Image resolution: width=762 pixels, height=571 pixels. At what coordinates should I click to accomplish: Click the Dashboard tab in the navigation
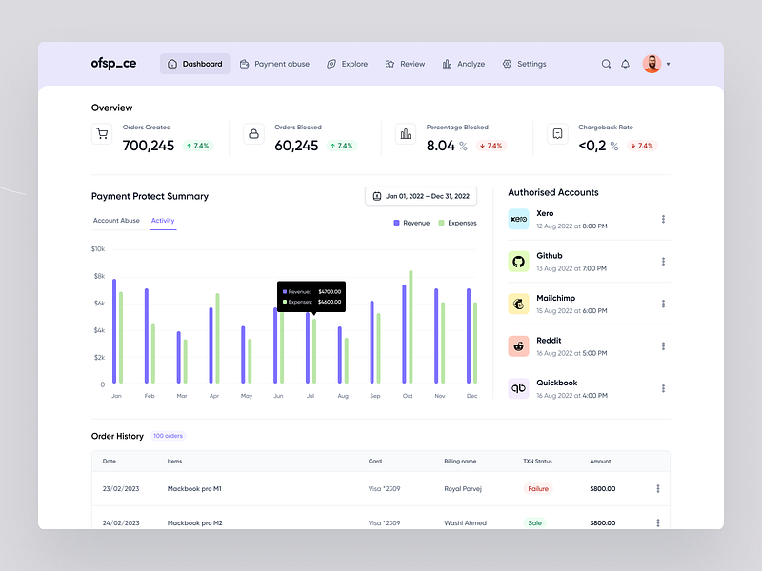[x=195, y=64]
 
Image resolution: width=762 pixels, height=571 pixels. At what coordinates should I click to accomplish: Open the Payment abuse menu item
[x=274, y=64]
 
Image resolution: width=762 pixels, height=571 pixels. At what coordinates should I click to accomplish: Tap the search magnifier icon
[x=606, y=64]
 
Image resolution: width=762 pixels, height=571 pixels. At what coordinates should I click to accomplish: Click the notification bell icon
[x=626, y=64]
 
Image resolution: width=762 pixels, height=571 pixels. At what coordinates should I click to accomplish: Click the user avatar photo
[x=652, y=64]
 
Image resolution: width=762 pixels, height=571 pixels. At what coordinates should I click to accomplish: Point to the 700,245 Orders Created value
[x=149, y=146]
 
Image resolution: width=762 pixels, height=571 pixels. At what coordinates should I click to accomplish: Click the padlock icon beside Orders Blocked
[x=253, y=134]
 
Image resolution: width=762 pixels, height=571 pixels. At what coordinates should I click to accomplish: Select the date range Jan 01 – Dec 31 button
[x=421, y=196]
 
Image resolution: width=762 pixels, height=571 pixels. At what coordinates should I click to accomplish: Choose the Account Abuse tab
[x=116, y=221]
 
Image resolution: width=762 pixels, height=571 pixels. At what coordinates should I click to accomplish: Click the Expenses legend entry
[x=457, y=223]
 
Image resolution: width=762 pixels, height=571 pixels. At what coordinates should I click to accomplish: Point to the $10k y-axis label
[x=98, y=249]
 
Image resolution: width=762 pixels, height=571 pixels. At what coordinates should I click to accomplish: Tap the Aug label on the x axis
[x=342, y=396]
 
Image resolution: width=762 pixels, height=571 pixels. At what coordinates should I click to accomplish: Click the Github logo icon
[x=518, y=261]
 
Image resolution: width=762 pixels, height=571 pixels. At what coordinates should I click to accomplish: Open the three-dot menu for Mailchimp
[x=663, y=304]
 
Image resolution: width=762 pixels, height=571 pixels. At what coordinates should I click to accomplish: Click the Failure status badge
[x=538, y=488]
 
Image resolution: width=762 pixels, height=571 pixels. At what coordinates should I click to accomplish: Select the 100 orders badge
[x=168, y=436]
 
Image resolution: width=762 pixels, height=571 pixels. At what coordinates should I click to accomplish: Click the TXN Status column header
[x=537, y=461]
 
